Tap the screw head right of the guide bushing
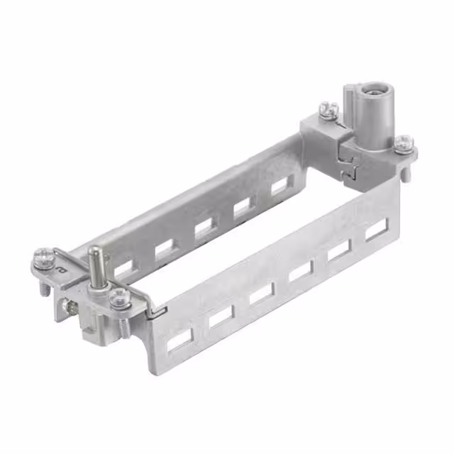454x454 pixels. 403,142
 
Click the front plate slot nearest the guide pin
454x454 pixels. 179,340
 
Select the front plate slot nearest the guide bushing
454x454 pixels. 376,229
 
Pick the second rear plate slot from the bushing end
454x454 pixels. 243,206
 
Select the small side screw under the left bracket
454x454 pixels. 70,306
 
